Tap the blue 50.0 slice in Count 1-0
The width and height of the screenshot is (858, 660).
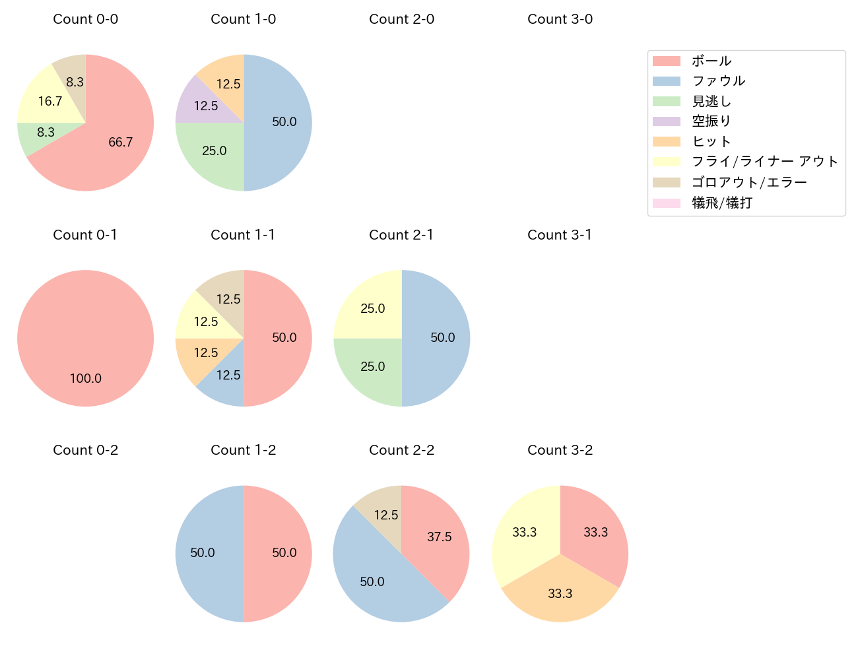(280, 122)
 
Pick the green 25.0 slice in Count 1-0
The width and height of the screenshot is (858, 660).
(213, 153)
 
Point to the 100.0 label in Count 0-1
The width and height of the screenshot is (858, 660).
(86, 378)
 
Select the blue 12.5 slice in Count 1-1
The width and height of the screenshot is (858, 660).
(226, 379)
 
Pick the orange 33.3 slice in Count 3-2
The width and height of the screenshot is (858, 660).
(560, 594)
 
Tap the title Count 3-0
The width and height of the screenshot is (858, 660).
(560, 19)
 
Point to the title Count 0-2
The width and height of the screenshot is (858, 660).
(86, 450)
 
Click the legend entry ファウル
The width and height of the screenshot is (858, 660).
(718, 81)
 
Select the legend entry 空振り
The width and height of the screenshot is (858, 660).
(711, 121)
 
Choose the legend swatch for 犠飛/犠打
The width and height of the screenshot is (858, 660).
(666, 203)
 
